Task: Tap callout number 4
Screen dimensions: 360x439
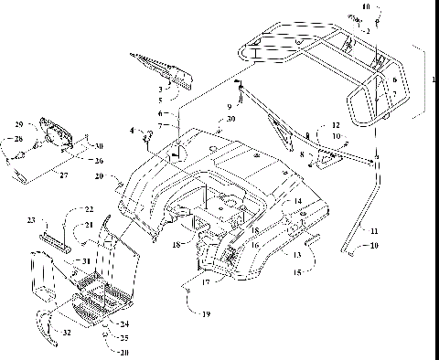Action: (134, 131)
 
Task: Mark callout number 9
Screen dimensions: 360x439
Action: (230, 107)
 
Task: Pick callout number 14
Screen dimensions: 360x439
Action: (297, 200)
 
